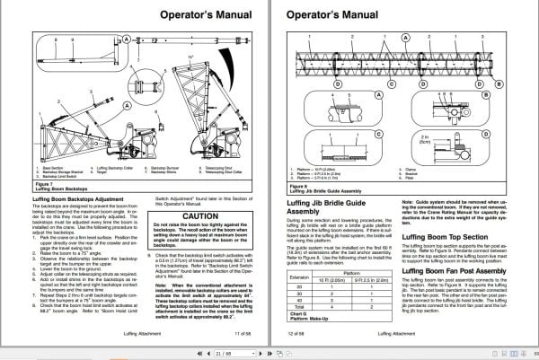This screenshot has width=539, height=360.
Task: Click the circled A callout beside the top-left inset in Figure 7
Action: tap(128, 40)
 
